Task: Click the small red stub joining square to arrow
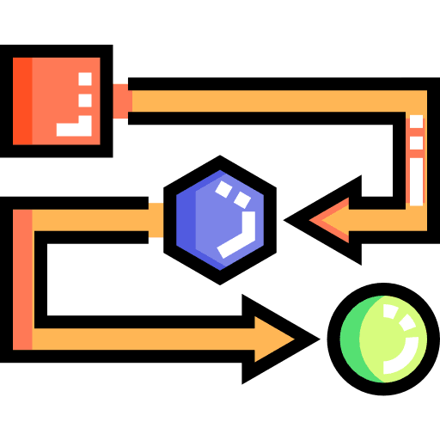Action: pos(122,100)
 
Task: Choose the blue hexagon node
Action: pos(220,220)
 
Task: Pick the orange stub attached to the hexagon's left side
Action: pos(156,220)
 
